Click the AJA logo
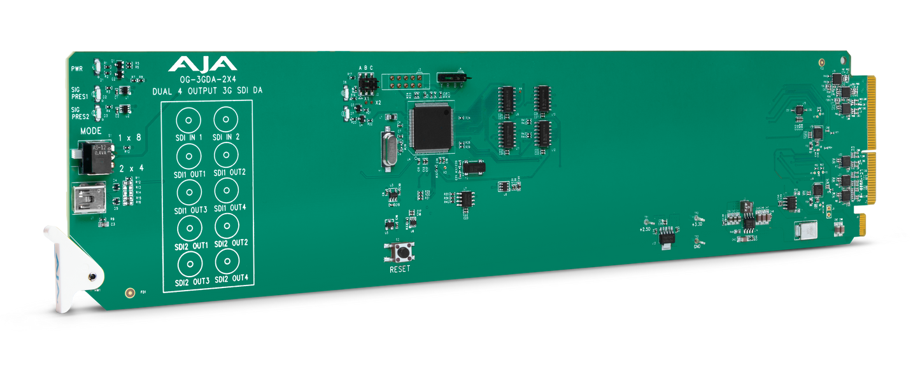tap(202, 64)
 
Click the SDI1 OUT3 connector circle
tap(188, 191)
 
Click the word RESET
tap(400, 268)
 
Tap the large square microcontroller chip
tap(432, 127)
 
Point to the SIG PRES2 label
tap(79, 113)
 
